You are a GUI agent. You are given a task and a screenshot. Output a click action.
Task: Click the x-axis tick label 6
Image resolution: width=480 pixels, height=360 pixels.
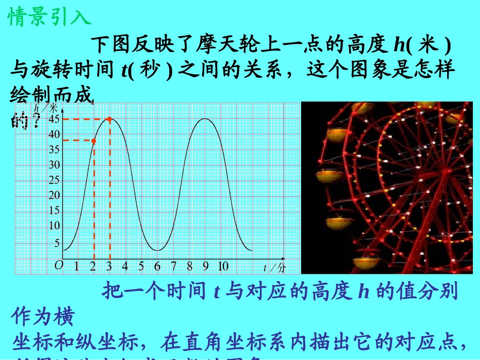(157, 266)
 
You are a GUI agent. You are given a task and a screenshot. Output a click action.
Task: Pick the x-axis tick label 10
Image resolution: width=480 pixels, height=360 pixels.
(223, 266)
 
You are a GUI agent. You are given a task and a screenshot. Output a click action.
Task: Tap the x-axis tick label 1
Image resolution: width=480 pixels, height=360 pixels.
(76, 266)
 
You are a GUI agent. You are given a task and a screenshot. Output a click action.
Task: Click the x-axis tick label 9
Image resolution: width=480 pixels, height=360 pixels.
(206, 266)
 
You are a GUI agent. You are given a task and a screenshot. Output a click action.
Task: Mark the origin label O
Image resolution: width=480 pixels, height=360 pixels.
(59, 265)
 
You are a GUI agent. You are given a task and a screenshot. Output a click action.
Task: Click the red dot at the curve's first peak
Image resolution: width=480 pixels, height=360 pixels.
(109, 119)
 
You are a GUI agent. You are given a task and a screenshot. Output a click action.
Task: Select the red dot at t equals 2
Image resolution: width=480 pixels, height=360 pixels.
(93, 140)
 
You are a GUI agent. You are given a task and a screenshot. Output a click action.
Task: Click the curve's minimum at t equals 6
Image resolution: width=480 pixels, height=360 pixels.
(158, 250)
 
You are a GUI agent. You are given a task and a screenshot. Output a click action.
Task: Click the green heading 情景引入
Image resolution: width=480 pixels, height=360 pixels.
(50, 16)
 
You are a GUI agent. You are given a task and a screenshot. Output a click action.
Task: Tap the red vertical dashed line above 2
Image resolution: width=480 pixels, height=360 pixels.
(93, 202)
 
